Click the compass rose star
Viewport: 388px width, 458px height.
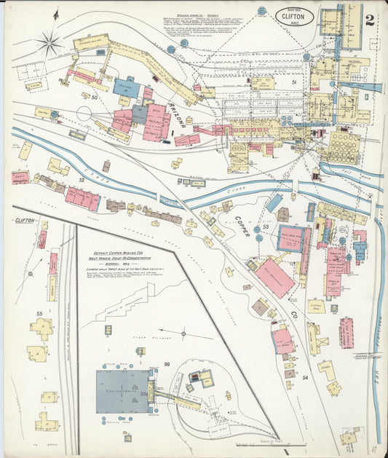pos(50,43)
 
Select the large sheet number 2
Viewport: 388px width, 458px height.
pos(370,18)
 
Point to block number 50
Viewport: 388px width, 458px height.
pos(95,96)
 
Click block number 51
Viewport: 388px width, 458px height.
pos(293,83)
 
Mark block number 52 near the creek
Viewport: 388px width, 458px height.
pos(82,178)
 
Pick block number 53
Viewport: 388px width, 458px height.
pos(266,228)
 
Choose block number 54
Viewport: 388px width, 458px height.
pos(305,378)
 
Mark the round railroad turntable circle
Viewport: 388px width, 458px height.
pos(84,114)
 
